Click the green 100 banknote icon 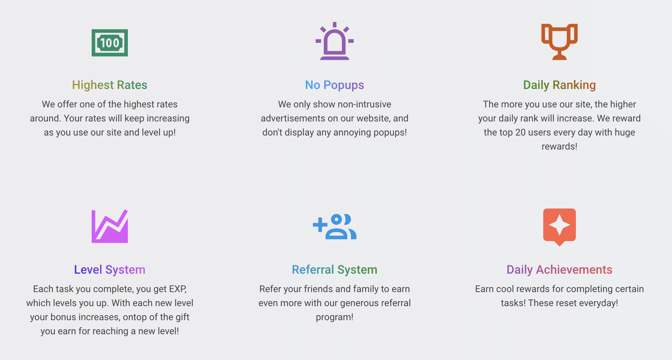[x=110, y=43]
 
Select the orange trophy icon [x=560, y=42]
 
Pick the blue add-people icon [x=335, y=227]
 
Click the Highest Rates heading [x=110, y=85]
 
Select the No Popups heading [x=335, y=85]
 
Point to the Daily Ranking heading [x=560, y=85]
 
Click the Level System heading [x=110, y=270]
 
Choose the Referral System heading [x=335, y=270]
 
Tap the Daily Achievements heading [x=560, y=270]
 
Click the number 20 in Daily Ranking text [x=520, y=132]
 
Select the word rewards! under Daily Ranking [x=560, y=147]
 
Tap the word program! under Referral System [x=335, y=317]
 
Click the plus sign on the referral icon [x=320, y=225]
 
